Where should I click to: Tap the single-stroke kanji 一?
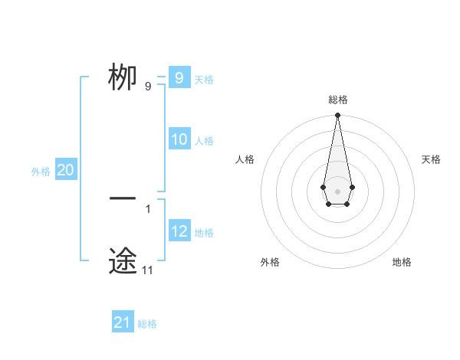click(x=123, y=199)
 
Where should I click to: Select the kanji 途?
click(x=123, y=260)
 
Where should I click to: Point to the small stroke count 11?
click(x=147, y=270)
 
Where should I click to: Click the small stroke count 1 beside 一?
click(x=147, y=208)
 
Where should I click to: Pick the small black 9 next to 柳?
click(x=148, y=87)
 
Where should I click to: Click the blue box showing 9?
click(x=179, y=78)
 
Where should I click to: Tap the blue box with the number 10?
click(x=179, y=139)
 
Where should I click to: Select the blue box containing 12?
click(x=179, y=231)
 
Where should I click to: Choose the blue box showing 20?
click(x=66, y=170)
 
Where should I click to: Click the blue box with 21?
click(x=123, y=322)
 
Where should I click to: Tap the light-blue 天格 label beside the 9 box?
click(x=204, y=80)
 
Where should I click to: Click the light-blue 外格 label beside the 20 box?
click(x=41, y=172)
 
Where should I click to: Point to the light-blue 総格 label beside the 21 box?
click(x=147, y=324)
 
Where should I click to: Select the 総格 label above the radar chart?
click(x=337, y=100)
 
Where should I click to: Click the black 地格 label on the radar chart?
click(x=402, y=262)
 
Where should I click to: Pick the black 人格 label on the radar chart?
click(x=245, y=159)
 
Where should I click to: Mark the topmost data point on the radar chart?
click(x=337, y=116)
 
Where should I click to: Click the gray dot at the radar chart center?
click(x=337, y=190)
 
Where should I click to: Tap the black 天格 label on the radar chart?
click(x=431, y=159)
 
